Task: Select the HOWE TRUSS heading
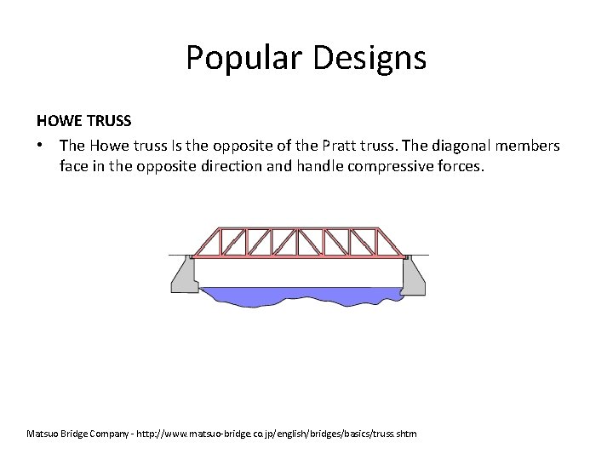click(83, 122)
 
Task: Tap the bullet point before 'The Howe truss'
click(41, 146)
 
